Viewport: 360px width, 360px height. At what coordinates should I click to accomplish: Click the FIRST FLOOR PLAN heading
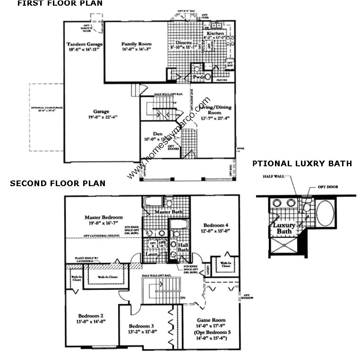coord(60,4)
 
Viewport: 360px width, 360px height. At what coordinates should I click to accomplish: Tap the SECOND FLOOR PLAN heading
coord(58,183)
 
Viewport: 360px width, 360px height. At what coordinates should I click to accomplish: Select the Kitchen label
coord(215,34)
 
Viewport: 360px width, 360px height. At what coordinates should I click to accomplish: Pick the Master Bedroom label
coord(103,217)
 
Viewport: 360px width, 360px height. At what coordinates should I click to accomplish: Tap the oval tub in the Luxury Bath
coord(325,214)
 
